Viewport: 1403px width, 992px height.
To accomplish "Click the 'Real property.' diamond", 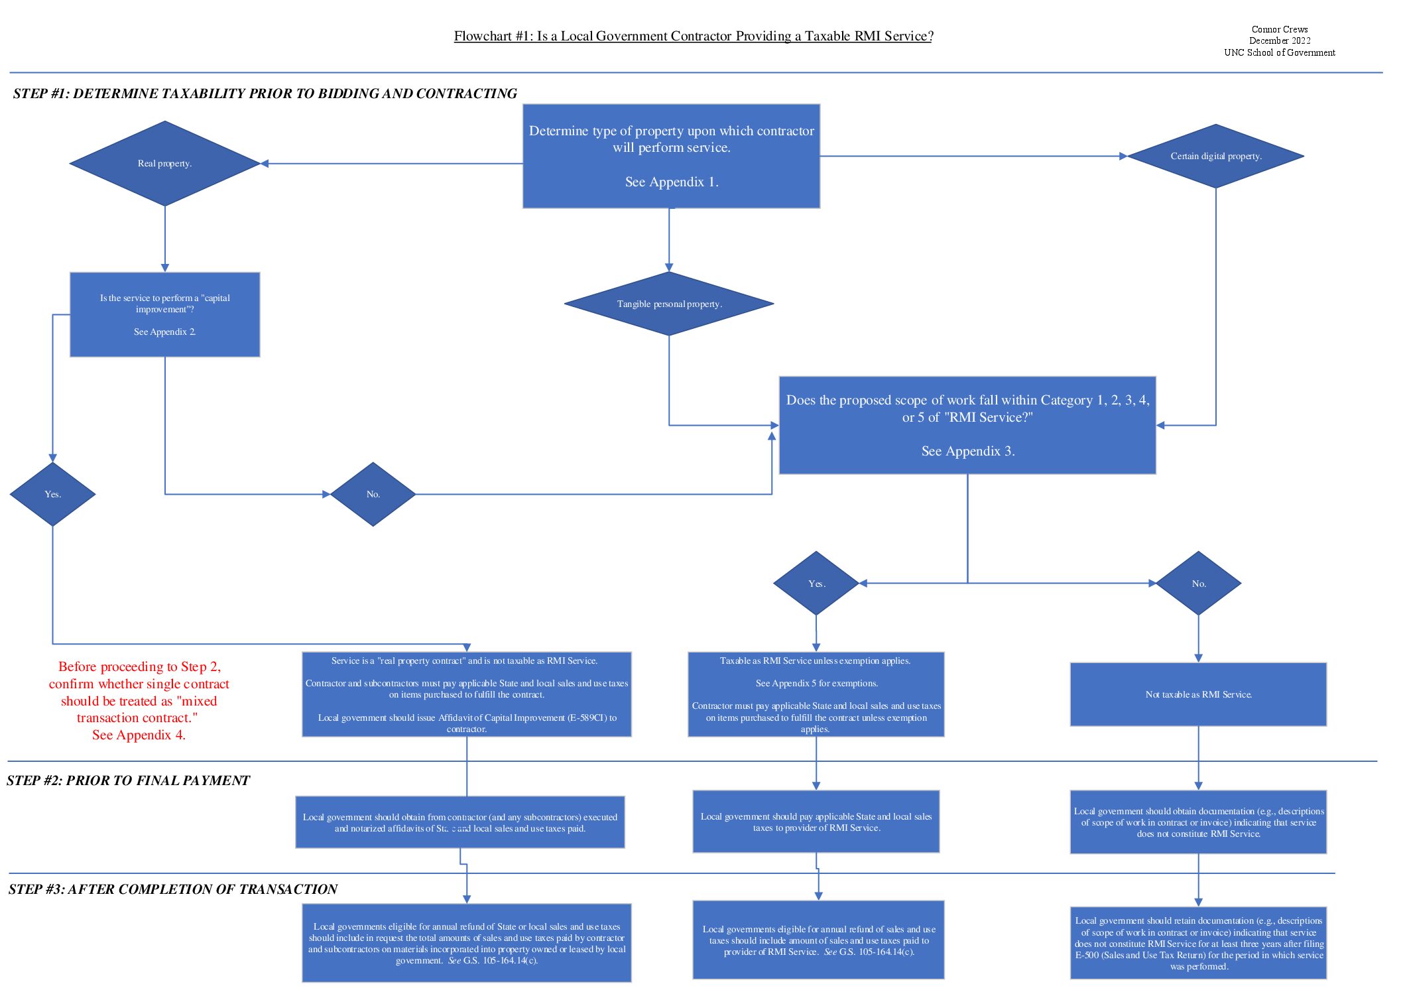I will click(x=164, y=163).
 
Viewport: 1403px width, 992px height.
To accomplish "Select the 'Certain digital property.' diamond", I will click(x=1215, y=156).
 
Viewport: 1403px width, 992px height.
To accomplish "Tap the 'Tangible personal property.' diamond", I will click(x=669, y=304).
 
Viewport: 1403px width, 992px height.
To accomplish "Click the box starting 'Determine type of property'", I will click(x=671, y=156).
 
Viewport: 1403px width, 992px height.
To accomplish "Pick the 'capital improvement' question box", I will click(x=164, y=314).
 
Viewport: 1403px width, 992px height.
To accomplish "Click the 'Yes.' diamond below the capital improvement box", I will click(x=52, y=494).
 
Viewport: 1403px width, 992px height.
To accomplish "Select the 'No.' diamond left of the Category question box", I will click(x=373, y=494).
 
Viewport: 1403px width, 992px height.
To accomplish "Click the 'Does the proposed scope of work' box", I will click(x=967, y=425).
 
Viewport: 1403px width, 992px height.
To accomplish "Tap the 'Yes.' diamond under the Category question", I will click(x=816, y=584).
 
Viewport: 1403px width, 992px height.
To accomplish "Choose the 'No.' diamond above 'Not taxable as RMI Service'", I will click(x=1198, y=584).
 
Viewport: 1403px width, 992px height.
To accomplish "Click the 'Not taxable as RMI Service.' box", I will click(x=1198, y=694).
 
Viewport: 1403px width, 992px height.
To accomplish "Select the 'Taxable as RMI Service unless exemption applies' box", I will click(x=816, y=694).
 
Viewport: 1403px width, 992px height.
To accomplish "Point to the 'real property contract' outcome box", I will click(x=467, y=694).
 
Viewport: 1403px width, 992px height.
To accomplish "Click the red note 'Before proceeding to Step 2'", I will click(x=139, y=700).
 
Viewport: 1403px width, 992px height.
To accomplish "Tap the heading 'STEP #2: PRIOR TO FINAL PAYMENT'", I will click(x=128, y=780).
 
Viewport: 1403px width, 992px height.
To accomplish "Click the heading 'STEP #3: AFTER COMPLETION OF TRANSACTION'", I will click(x=173, y=889).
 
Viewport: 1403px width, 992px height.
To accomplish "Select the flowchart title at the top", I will click(x=693, y=36).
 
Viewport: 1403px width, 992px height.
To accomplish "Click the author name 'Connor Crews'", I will click(x=1279, y=29).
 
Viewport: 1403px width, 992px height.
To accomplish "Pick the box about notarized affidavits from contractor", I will click(x=460, y=822).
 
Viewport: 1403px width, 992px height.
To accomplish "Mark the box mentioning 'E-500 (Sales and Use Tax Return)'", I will click(x=1198, y=943).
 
